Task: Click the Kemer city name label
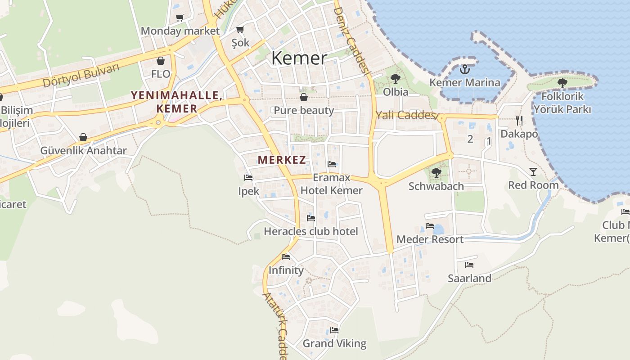pos(299,58)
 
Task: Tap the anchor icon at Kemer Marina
pos(465,69)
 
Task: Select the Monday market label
pos(180,31)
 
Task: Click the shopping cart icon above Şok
pos(240,30)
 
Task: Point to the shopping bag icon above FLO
pos(161,61)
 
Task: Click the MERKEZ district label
pos(282,160)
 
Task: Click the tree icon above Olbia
pos(396,79)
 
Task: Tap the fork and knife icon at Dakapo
pos(519,120)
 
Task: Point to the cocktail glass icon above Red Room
pos(533,171)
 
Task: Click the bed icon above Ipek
pos(248,178)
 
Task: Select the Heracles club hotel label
pos(311,232)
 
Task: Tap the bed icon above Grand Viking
pos(334,330)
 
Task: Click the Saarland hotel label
pos(469,279)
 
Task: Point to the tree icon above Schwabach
pos(436,172)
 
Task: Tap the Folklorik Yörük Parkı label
pos(562,103)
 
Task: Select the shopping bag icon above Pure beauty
pos(304,97)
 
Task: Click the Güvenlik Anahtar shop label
pos(84,151)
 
